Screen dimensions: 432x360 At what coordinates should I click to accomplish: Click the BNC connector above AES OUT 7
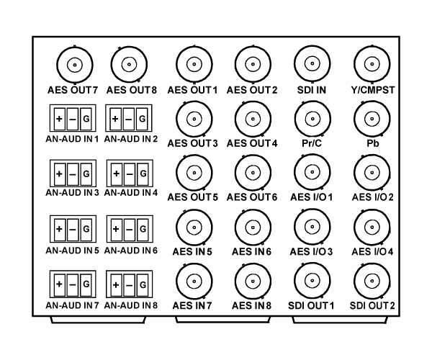[75, 65]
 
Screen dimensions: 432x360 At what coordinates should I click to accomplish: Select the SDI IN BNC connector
[312, 63]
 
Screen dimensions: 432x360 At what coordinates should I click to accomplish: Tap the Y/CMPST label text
[373, 90]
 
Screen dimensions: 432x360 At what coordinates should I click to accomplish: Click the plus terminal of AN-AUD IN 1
[60, 119]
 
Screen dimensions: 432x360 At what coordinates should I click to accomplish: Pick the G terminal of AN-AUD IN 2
[142, 119]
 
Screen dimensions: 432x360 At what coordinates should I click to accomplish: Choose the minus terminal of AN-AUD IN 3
[73, 174]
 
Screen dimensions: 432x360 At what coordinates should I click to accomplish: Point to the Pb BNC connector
[372, 119]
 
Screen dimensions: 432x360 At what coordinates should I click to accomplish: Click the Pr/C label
[312, 143]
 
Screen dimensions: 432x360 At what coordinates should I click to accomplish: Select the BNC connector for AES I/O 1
[312, 172]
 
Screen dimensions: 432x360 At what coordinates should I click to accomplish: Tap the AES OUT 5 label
[192, 197]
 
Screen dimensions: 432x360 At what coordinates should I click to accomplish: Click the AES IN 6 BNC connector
[253, 228]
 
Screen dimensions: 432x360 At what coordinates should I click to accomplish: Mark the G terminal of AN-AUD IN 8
[143, 285]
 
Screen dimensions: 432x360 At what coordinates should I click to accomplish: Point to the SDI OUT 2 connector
[372, 282]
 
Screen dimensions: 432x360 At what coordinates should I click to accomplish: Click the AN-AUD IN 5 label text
[72, 251]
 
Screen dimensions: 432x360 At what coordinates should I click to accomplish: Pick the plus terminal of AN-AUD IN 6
[116, 229]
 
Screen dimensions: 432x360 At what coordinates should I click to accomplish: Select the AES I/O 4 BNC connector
[372, 228]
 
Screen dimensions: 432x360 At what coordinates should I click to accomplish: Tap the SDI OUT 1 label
[311, 306]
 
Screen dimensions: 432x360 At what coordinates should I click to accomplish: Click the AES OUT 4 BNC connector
[253, 119]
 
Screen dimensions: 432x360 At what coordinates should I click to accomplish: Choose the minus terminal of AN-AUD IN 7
[73, 284]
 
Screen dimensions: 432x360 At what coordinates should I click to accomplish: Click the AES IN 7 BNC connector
[194, 282]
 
